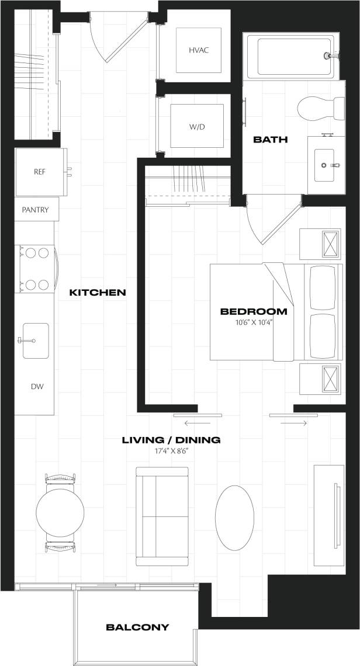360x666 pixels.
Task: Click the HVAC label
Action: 199,50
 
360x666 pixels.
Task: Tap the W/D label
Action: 197,127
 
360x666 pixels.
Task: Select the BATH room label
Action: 270,140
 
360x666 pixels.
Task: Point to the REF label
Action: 40,172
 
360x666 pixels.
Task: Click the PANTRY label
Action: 35,210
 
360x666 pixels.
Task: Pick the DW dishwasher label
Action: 37,387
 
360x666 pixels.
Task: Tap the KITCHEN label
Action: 98,292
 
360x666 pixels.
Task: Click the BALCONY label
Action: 137,627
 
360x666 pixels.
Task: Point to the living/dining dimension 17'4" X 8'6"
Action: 171,450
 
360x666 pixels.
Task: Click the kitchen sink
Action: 36,341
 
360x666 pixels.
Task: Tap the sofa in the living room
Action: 163,516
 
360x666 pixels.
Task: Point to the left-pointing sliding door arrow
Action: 196,422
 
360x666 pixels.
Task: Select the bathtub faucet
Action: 331,56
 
